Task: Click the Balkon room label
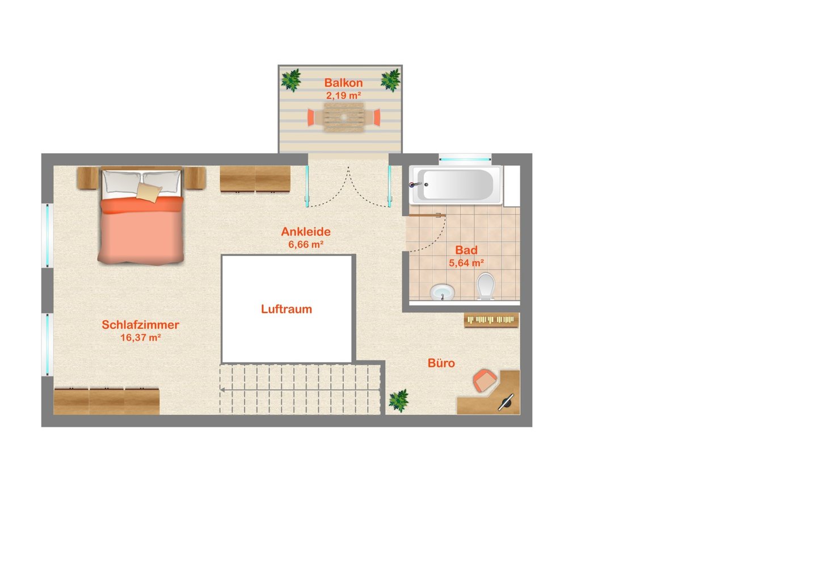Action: tap(343, 83)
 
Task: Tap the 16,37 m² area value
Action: tap(141, 337)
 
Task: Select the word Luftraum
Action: tap(287, 309)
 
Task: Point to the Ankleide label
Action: tap(306, 231)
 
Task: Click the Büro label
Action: tap(441, 363)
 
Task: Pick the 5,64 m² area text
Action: tap(466, 263)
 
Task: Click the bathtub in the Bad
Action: tap(456, 185)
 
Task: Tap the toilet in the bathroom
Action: tap(486, 286)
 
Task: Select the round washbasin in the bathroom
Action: tap(443, 292)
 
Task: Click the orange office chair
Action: tap(485, 380)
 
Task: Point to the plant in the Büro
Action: tap(398, 400)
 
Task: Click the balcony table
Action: tap(344, 117)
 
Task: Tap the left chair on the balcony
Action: tap(311, 118)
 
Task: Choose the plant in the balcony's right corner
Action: tap(390, 80)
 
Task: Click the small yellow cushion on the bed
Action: tap(149, 192)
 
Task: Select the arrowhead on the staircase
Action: tap(222, 390)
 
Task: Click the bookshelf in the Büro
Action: tap(491, 320)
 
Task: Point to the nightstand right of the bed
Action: tap(195, 178)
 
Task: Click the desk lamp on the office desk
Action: tap(506, 403)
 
